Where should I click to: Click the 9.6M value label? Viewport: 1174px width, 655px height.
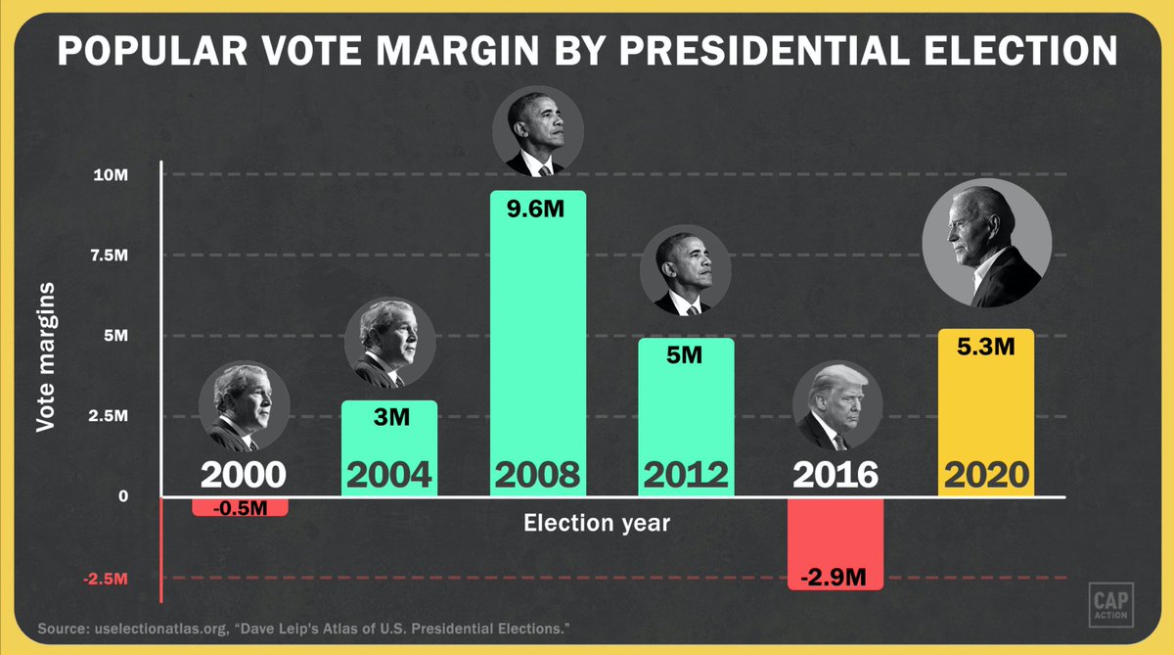537,209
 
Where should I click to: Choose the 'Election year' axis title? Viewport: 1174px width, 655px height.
597,523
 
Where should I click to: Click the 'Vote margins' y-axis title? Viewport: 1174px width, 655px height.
45,356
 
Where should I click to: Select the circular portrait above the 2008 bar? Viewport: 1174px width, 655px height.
537,131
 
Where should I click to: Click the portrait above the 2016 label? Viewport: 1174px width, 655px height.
836,407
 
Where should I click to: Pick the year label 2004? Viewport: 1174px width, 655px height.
388,476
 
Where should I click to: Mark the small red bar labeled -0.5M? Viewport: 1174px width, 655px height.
240,507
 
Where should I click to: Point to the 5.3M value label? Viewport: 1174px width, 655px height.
985,347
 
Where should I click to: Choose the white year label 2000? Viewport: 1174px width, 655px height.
243,476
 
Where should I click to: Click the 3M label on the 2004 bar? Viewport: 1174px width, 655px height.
389,418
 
